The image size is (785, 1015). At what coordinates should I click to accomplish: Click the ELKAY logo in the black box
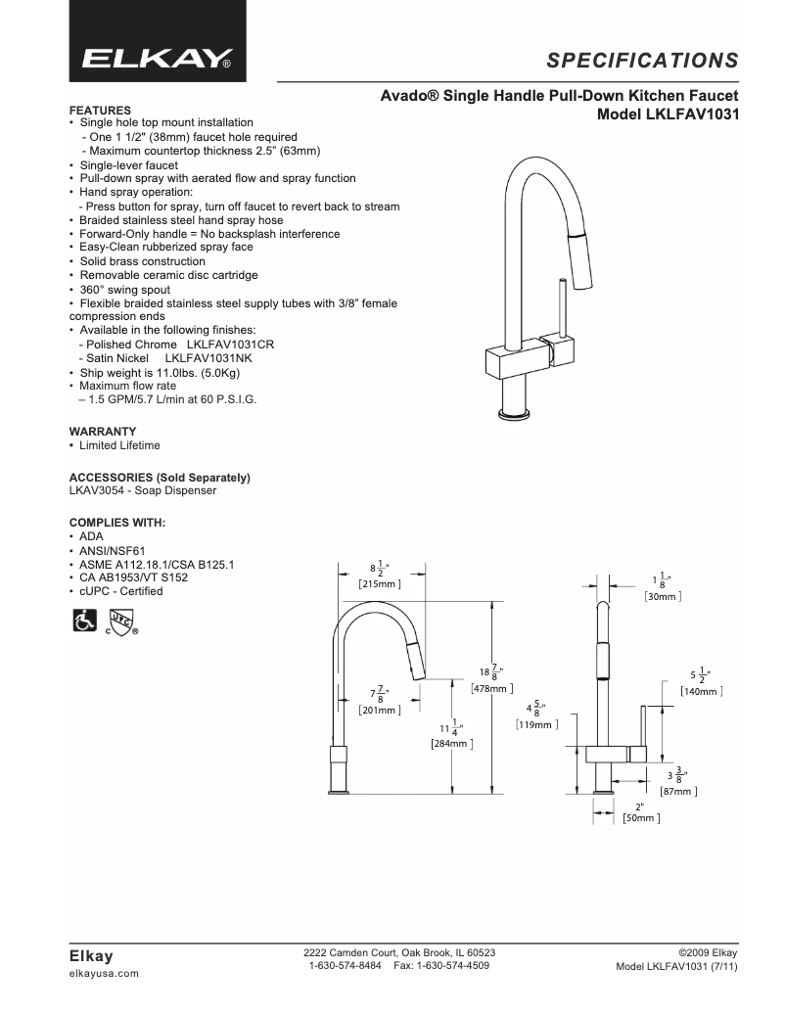tap(157, 59)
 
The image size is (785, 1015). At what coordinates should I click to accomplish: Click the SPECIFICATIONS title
tap(642, 61)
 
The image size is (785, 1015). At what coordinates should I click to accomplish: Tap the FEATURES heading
tap(100, 110)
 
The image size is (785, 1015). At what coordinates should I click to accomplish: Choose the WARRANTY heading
tap(102, 432)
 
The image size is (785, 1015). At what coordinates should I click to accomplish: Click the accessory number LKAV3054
tap(97, 490)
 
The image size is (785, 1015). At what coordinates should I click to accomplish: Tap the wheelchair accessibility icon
tap(84, 621)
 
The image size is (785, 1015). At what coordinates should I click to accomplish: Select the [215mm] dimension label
tap(379, 584)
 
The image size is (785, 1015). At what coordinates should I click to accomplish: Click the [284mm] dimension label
tap(452, 744)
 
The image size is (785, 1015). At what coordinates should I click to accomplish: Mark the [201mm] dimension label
tap(379, 710)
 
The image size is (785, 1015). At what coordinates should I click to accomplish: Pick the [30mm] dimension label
tap(663, 595)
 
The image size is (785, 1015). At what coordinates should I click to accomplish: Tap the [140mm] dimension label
tap(701, 691)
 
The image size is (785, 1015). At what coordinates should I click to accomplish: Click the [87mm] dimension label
tap(677, 791)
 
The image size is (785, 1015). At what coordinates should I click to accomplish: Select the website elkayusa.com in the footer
tap(104, 974)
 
